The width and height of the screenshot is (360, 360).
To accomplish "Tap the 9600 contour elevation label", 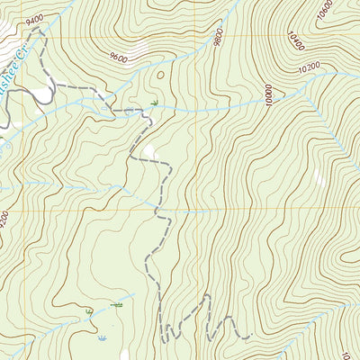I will (118, 58).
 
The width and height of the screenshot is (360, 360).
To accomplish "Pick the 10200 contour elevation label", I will (309, 67).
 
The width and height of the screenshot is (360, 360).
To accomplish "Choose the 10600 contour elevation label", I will (326, 12).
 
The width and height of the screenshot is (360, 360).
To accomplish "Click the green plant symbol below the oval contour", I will (155, 104).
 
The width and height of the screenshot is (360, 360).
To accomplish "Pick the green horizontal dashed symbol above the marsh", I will (117, 306).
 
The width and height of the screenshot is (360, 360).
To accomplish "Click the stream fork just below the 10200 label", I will (310, 81).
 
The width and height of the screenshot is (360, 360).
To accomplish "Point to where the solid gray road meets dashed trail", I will (56, 85).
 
